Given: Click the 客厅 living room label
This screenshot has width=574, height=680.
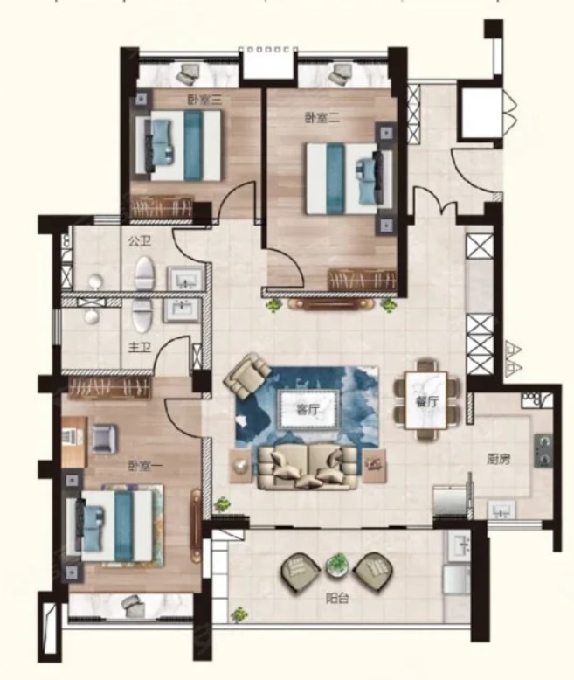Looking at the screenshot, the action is pyautogui.click(x=308, y=409).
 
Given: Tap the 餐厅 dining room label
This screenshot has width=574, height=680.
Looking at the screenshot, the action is pyautogui.click(x=426, y=401).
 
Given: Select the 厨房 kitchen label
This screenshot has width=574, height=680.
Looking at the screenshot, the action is pyautogui.click(x=498, y=459).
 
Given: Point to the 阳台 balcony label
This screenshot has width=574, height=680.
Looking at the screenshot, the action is pyautogui.click(x=337, y=599).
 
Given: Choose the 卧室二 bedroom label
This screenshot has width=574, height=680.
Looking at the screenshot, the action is pyautogui.click(x=322, y=117).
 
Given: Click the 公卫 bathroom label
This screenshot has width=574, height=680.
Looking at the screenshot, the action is pyautogui.click(x=139, y=241).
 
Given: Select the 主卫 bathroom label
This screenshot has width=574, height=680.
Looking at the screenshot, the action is pyautogui.click(x=139, y=347).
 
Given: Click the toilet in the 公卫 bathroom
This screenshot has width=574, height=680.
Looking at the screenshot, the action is pyautogui.click(x=144, y=274).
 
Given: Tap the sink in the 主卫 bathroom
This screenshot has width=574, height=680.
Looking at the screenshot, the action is pyautogui.click(x=182, y=309).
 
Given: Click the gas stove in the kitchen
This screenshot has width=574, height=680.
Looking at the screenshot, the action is pyautogui.click(x=543, y=450).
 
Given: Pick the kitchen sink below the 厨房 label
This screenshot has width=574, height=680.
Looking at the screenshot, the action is pyautogui.click(x=502, y=510).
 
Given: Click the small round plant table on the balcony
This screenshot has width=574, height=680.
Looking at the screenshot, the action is pyautogui.click(x=337, y=566).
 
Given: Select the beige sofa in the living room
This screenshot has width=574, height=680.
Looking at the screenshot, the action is pyautogui.click(x=308, y=468).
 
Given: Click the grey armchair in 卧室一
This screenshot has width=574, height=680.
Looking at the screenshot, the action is pyautogui.click(x=104, y=439).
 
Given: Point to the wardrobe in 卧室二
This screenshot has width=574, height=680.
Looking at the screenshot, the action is pyautogui.click(x=362, y=280).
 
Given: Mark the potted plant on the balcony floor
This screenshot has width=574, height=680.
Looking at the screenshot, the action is pyautogui.click(x=239, y=614).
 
